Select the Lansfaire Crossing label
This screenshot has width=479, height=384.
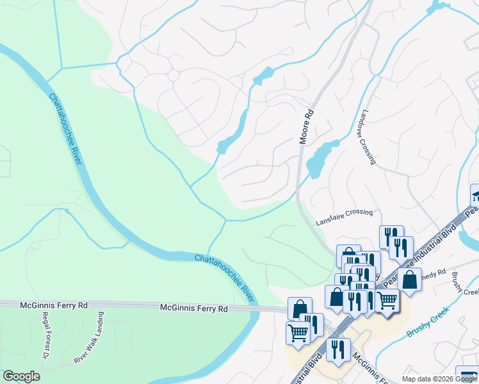tap(344, 218)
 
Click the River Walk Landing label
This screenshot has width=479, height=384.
tap(88, 339)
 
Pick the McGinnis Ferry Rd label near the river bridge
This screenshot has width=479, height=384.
tap(194, 308)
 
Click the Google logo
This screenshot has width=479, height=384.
tap(20, 376)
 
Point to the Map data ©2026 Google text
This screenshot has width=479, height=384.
tap(439, 379)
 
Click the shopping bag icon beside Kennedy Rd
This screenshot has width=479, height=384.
tap(409, 280)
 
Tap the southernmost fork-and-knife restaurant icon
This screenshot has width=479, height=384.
tap(337, 349)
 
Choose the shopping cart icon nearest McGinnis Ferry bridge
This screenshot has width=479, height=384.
tap(298, 333)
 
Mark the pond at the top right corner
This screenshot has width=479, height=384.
tap(439, 6)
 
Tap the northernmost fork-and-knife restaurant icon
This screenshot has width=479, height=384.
tap(391, 236)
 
